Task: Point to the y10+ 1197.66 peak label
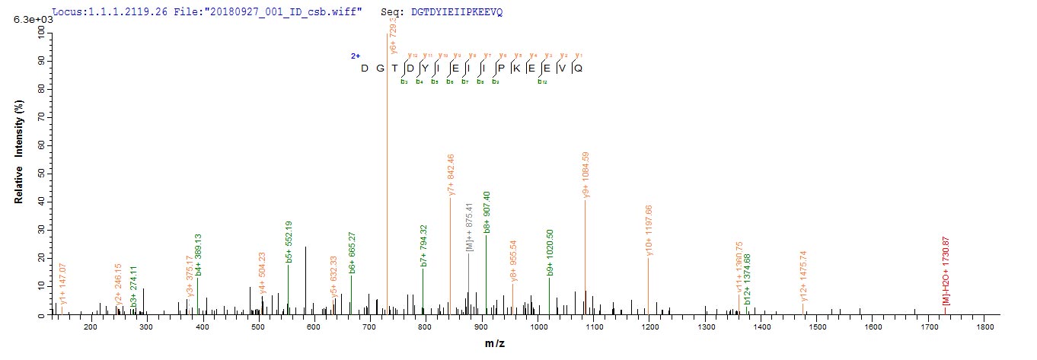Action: [x=649, y=231]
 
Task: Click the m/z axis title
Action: [x=495, y=344]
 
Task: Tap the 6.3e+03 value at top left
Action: [x=27, y=19]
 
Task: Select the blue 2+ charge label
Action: [x=355, y=56]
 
